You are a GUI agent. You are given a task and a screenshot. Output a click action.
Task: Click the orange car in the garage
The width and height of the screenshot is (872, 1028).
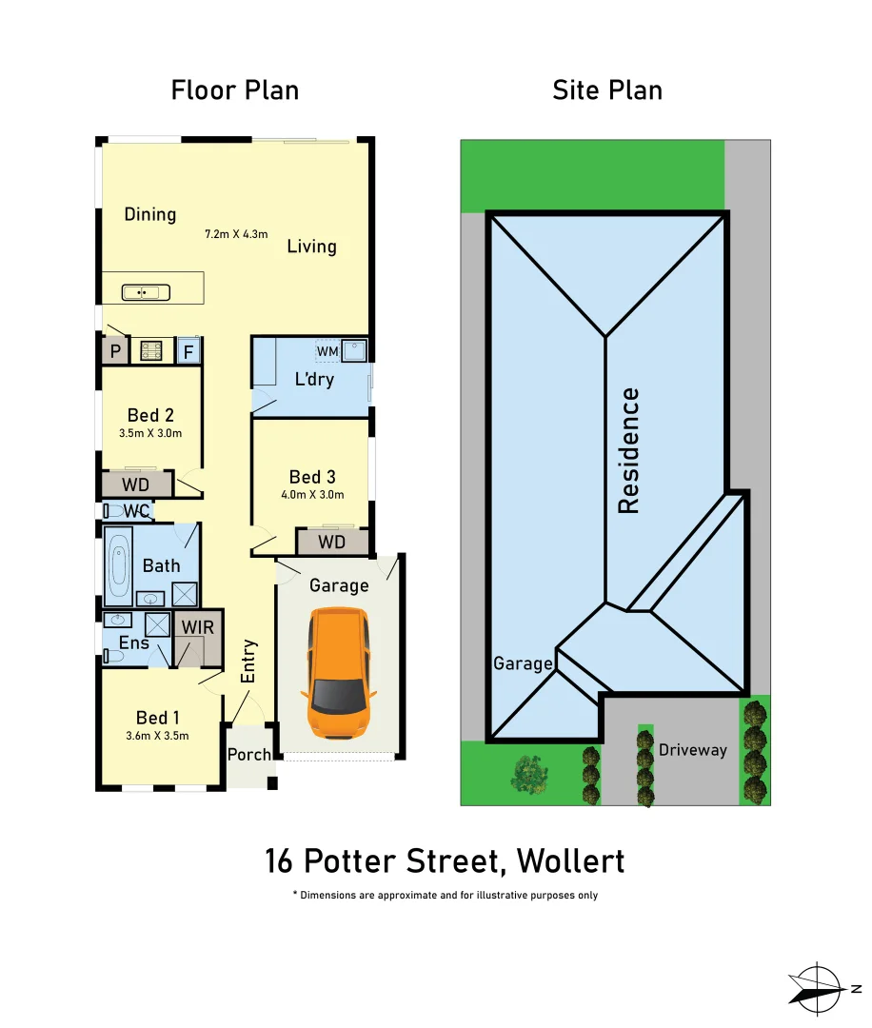(x=339, y=676)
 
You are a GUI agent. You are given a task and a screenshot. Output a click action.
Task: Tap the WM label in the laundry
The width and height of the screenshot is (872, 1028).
(x=327, y=352)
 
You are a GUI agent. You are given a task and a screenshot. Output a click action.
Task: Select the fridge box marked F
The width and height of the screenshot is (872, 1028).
(x=188, y=351)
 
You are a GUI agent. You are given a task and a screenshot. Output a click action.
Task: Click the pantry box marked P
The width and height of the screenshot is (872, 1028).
(x=115, y=351)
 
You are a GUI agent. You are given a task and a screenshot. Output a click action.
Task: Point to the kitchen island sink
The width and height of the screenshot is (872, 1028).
(x=146, y=292)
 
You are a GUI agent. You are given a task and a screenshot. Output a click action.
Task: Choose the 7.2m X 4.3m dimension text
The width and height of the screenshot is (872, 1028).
(x=237, y=233)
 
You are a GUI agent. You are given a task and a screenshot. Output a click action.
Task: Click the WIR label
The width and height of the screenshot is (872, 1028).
(x=198, y=628)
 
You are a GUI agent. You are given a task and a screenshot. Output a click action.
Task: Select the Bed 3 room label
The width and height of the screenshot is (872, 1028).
(x=312, y=477)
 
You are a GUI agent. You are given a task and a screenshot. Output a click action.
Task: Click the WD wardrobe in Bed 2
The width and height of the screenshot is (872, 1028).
(x=135, y=485)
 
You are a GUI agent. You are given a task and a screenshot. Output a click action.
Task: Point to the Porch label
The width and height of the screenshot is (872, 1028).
(x=249, y=755)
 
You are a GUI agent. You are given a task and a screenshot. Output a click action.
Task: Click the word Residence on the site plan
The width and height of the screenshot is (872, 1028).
(x=629, y=450)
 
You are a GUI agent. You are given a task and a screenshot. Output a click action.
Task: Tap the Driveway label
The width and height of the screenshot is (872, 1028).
(x=692, y=750)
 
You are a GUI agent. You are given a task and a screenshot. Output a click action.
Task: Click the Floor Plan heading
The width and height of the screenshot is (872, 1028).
(x=235, y=90)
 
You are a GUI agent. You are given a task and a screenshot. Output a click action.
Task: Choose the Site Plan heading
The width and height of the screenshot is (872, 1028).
(x=607, y=90)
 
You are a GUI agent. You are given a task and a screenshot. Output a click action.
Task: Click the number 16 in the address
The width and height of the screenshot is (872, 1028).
(x=280, y=861)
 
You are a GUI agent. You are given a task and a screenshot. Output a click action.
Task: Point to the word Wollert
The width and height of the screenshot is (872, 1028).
(x=570, y=861)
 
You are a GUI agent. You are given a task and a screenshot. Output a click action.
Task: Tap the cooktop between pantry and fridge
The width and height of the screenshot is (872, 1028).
(x=151, y=351)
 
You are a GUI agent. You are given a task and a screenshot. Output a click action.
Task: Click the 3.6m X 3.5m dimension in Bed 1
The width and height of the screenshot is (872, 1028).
(x=157, y=735)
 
